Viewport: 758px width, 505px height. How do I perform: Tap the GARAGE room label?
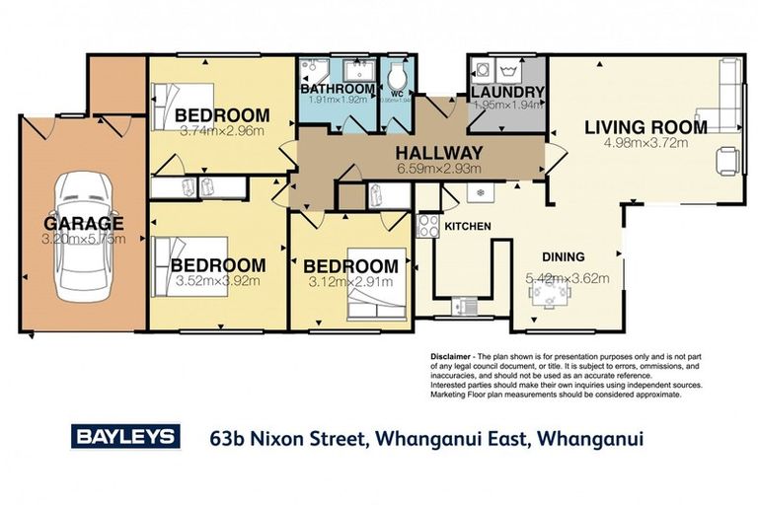click(82, 223)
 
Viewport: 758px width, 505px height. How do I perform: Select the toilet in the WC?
click(398, 78)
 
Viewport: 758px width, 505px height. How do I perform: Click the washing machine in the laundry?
click(484, 71)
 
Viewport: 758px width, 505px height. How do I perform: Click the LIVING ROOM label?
click(645, 126)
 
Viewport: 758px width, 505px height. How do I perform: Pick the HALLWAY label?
click(439, 153)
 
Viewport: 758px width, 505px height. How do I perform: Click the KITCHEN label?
click(467, 227)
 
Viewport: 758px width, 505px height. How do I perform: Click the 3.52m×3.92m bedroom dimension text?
click(217, 281)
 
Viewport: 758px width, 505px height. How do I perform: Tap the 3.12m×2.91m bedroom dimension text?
click(350, 283)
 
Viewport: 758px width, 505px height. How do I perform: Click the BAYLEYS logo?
click(124, 436)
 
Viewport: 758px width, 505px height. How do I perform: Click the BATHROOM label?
click(336, 89)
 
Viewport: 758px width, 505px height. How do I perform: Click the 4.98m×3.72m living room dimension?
click(645, 143)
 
